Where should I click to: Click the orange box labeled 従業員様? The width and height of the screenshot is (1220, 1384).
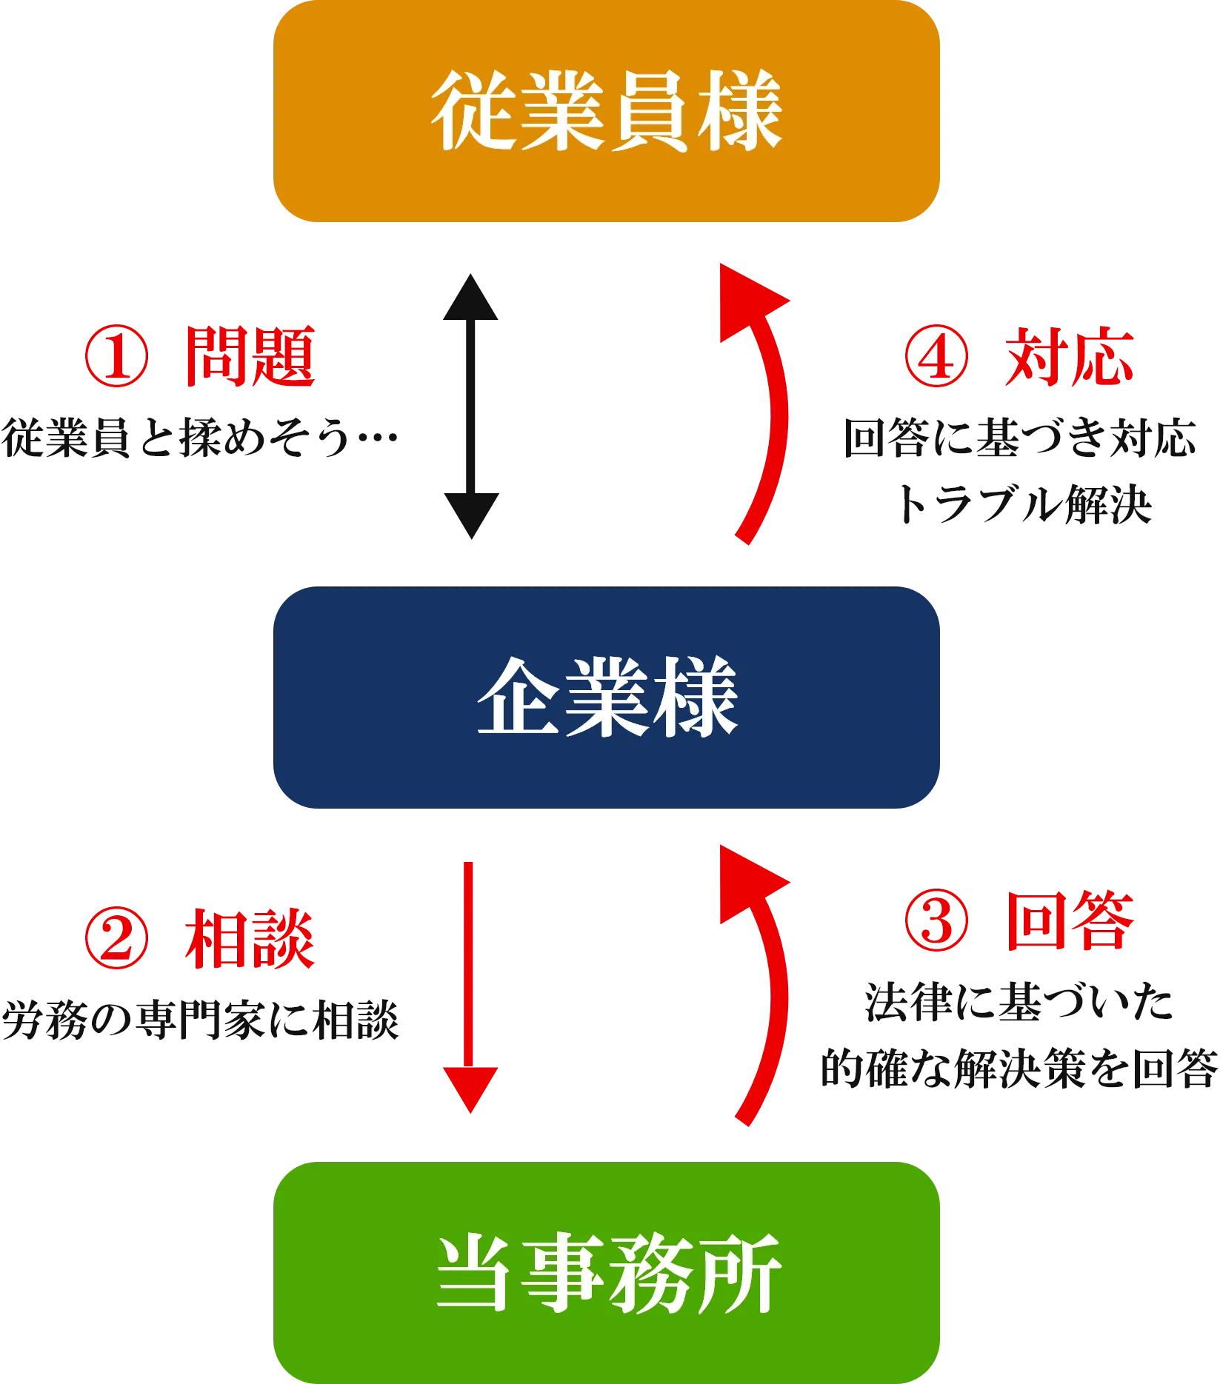607,111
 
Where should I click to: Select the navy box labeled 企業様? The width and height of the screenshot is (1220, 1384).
607,698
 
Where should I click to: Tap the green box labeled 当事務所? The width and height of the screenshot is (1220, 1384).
607,1272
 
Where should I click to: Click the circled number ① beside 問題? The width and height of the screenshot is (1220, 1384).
116,357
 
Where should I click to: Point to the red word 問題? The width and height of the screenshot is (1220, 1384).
250,357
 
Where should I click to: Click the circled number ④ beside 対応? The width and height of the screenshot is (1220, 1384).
936,357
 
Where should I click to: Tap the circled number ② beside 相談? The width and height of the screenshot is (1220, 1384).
116,939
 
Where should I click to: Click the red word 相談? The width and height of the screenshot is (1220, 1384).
250,939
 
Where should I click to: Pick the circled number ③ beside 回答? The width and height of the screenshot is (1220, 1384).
936,921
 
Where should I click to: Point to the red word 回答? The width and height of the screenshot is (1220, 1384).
1070,921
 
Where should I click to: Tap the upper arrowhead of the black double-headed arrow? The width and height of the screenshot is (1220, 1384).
470,296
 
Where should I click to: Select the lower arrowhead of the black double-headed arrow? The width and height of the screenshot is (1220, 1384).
470,518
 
